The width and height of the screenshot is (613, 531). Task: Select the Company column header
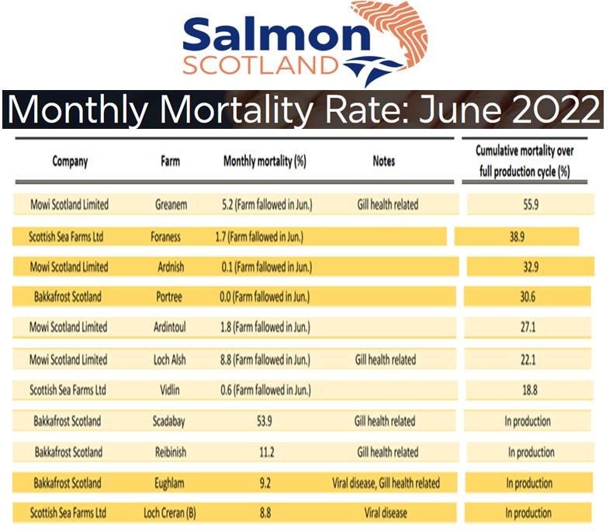click(x=70, y=161)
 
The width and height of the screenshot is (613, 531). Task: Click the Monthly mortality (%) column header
click(x=265, y=161)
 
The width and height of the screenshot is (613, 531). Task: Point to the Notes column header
click(x=383, y=161)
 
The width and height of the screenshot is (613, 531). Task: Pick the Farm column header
click(x=171, y=161)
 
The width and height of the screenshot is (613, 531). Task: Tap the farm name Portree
click(x=171, y=297)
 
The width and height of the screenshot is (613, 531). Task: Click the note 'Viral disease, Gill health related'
click(x=386, y=483)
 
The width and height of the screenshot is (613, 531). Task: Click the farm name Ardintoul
click(x=171, y=328)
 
